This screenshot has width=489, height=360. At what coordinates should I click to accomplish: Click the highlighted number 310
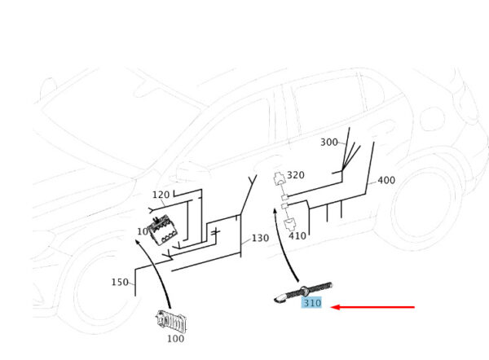pos(311,303)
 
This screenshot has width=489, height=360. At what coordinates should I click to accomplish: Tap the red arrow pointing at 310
pos(376,307)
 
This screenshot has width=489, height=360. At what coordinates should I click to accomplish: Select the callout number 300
pos(328,143)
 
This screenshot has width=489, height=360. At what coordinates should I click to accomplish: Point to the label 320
pos(295,175)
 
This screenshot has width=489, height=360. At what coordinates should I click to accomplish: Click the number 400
pos(386,180)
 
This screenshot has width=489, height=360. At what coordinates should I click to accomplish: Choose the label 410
pos(297,235)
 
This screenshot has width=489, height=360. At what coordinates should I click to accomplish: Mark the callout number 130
pos(260,239)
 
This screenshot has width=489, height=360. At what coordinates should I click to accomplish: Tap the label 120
pos(161,195)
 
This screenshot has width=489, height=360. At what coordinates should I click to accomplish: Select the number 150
pos(120,282)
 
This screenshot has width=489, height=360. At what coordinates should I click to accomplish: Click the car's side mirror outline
pos(189,170)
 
